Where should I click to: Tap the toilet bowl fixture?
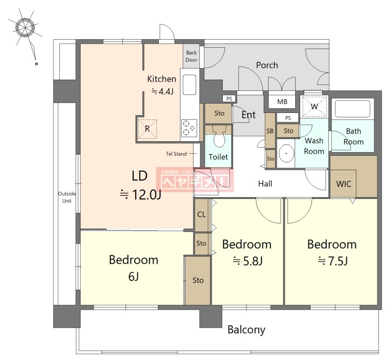coord(220,139)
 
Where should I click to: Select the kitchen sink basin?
coord(189,85)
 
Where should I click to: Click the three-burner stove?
coord(189,128)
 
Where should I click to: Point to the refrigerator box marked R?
coord(148,129)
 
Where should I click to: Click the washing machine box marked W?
coord(314,107)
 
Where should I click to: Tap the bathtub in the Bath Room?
coord(352,109)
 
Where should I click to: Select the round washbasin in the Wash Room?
coord(286,153)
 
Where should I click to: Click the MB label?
coord(282,102)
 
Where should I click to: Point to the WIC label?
coord(344,184)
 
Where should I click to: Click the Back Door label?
coord(191,56)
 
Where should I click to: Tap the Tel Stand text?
coord(176,154)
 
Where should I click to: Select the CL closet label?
coord(202,214)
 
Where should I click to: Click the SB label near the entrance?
coord(270,131)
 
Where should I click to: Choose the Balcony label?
coord(247,330)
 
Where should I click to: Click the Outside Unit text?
coord(67,197)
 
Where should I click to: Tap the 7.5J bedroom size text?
coord(333,261)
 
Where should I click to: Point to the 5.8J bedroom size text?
coord(247,261)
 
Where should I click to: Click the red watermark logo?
coord(195,180)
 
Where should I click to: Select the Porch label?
coord(267,65)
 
